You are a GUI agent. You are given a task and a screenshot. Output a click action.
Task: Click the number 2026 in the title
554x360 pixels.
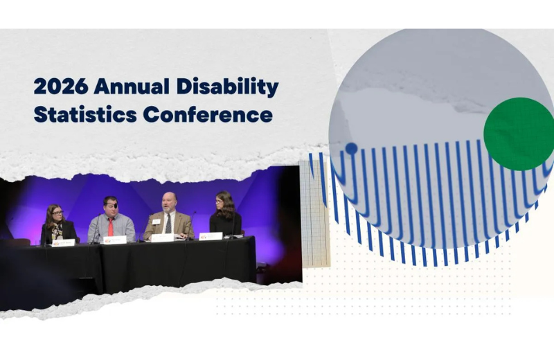pyautogui.click(x=61, y=88)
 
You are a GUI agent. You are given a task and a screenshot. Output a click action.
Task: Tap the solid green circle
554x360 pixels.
pyautogui.click(x=519, y=134)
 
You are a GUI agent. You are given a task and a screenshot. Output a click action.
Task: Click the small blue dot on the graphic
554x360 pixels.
pyautogui.click(x=351, y=148)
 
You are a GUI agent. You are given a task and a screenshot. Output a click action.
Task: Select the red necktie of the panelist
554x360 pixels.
pyautogui.click(x=110, y=226)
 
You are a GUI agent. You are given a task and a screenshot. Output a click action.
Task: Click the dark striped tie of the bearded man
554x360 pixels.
pyautogui.click(x=169, y=223)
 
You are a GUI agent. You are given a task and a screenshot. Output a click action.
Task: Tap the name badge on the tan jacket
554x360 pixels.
pyautogui.click(x=157, y=222)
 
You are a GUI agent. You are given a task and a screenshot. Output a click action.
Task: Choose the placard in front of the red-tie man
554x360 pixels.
pyautogui.click(x=115, y=240)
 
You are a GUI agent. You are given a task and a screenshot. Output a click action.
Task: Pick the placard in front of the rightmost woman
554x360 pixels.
pyautogui.click(x=211, y=236)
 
